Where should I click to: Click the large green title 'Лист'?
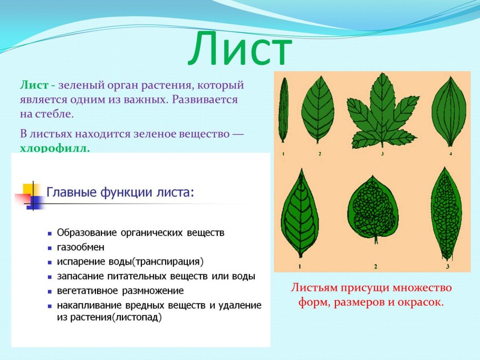tap(241, 49)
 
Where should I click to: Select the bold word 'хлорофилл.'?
tap(55, 149)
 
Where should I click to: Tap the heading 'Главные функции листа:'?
tap(120, 192)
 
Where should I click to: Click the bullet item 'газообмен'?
tap(80, 247)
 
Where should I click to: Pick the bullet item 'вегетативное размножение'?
tap(120, 290)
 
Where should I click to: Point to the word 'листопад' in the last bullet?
tap(139, 317)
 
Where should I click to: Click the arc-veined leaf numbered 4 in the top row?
tap(449, 111)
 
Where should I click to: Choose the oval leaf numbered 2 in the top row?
tap(318, 109)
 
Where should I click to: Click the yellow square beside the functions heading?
tap(30, 189)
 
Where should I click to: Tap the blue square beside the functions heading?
tap(35, 202)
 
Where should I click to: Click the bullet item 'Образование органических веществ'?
tap(140, 232)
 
